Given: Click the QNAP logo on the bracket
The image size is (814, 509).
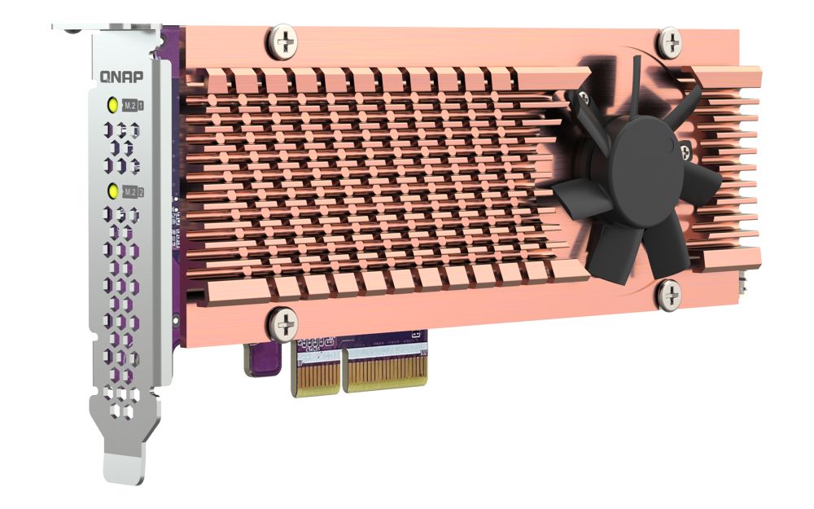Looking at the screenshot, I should (122, 77).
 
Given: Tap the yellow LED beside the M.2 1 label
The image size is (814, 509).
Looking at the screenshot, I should (114, 105).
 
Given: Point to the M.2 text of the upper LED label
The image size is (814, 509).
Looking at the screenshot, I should (129, 106).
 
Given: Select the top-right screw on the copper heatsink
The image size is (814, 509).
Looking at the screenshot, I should (670, 41).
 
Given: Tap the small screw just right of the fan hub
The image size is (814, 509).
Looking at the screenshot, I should (685, 149).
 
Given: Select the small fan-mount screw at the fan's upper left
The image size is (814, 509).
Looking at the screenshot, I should (582, 99).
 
